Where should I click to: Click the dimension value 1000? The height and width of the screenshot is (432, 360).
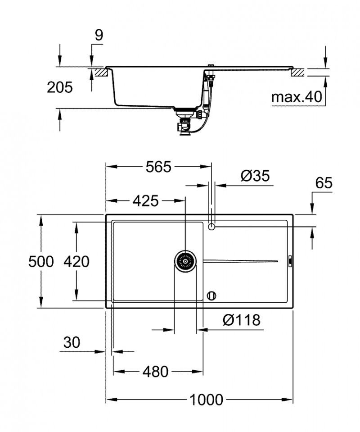pyautogui.click(x=206, y=399)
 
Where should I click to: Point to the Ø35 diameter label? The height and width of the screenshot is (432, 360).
pyautogui.click(x=255, y=176)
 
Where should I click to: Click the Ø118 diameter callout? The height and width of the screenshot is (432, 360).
pyautogui.click(x=242, y=320)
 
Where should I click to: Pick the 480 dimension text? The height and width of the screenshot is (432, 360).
pyautogui.click(x=155, y=372)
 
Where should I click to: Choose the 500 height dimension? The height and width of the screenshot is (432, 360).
pyautogui.click(x=40, y=261)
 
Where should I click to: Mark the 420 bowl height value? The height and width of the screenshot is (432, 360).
pyautogui.click(x=76, y=261)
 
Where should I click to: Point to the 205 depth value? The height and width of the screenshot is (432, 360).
pyautogui.click(x=59, y=87)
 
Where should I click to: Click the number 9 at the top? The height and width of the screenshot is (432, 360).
pyautogui.click(x=99, y=35)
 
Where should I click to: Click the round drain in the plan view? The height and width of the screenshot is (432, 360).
pyautogui.click(x=185, y=261)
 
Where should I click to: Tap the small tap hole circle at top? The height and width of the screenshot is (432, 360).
pyautogui.click(x=212, y=226)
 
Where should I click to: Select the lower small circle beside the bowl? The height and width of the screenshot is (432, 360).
pyautogui.click(x=211, y=296)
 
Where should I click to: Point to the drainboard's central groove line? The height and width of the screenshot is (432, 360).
pyautogui.click(x=241, y=261)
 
